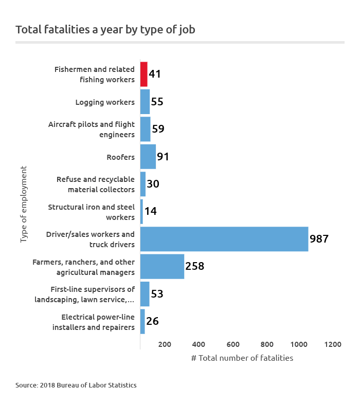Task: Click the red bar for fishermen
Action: (x=144, y=74)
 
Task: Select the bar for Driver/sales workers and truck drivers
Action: (x=224, y=239)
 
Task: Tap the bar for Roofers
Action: (x=148, y=157)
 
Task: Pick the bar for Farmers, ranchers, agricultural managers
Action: (x=162, y=266)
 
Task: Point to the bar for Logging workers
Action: (x=145, y=102)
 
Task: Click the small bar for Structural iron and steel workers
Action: (x=141, y=211)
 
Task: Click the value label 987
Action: (x=319, y=239)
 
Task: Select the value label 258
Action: (x=195, y=266)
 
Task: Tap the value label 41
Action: (x=155, y=74)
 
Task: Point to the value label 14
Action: (x=151, y=211)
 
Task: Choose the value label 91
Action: (x=163, y=157)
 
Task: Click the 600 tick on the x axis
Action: (x=233, y=344)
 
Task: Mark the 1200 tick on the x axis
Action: (x=333, y=344)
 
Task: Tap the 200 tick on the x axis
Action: (x=165, y=344)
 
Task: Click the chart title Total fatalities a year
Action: (x=105, y=29)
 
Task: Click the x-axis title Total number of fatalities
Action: (x=242, y=358)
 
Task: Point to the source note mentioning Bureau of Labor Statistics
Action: (x=76, y=384)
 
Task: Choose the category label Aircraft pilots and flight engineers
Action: (x=92, y=130)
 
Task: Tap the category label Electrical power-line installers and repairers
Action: (x=94, y=322)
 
